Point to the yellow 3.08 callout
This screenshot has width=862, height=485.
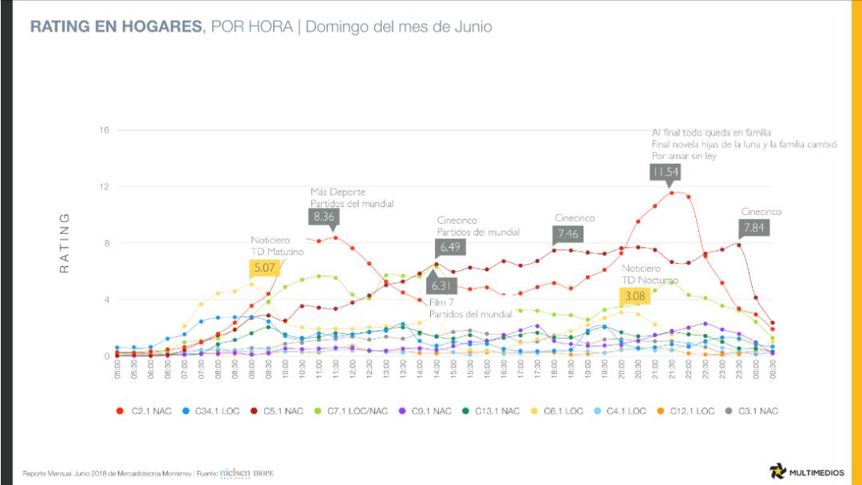[x=636, y=296]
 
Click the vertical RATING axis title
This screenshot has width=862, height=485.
[x=66, y=243]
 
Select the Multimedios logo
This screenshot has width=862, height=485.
[x=802, y=471]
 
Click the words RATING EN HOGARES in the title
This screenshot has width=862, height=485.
[x=116, y=27]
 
